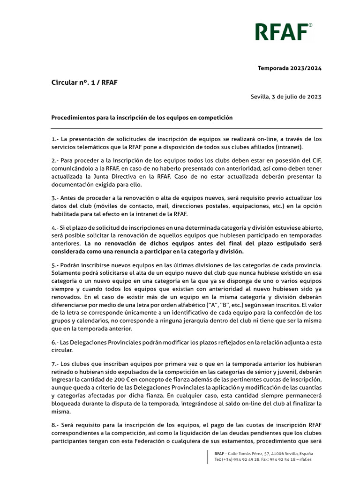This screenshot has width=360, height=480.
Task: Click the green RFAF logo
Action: click(x=281, y=32)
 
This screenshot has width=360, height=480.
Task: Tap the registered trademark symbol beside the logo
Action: click(x=310, y=25)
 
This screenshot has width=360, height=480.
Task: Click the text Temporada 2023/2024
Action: click(x=290, y=68)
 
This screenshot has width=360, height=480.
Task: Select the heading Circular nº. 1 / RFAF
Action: click(x=84, y=82)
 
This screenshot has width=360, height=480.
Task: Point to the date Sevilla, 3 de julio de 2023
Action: click(x=286, y=97)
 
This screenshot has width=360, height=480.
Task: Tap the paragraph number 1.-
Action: click(x=55, y=139)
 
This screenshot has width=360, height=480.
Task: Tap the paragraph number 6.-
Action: click(x=55, y=343)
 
